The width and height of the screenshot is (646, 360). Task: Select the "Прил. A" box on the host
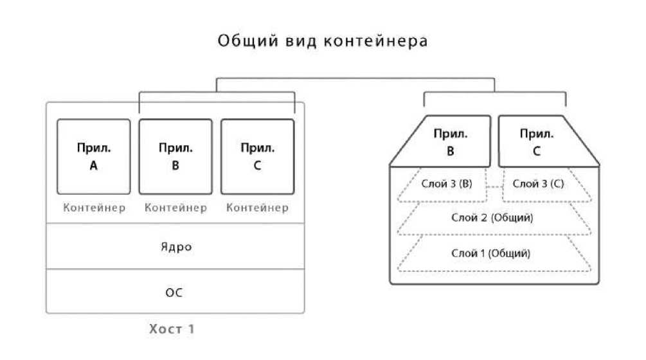click(x=93, y=156)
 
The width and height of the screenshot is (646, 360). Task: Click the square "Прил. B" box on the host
click(x=175, y=156)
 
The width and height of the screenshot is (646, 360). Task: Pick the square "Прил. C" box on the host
click(x=257, y=156)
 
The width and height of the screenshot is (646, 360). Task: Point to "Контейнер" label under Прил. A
click(x=94, y=208)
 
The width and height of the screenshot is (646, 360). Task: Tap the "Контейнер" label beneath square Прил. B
click(x=175, y=208)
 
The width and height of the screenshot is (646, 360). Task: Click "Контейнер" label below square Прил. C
click(x=257, y=208)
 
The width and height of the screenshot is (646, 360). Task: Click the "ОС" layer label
click(x=175, y=292)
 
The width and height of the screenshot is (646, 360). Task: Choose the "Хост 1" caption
click(x=172, y=330)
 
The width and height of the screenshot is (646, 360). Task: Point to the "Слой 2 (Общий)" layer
click(x=493, y=218)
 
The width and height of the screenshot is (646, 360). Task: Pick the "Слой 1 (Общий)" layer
click(x=493, y=253)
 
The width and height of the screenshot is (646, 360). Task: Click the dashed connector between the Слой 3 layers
click(x=494, y=186)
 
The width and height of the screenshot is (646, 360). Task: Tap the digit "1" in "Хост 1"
click(x=190, y=330)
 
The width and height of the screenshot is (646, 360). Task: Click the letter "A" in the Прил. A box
click(x=93, y=166)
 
